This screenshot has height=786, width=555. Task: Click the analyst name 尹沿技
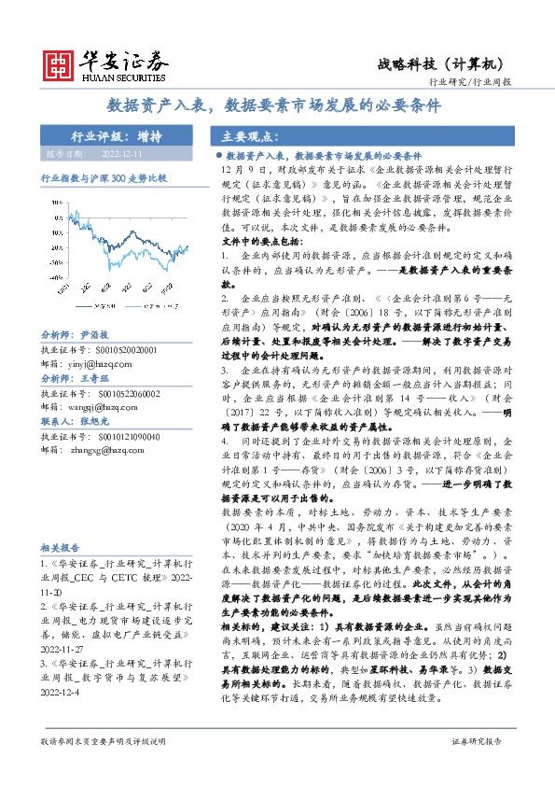coord(96,334)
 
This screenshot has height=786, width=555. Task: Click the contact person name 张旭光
coord(96,423)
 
